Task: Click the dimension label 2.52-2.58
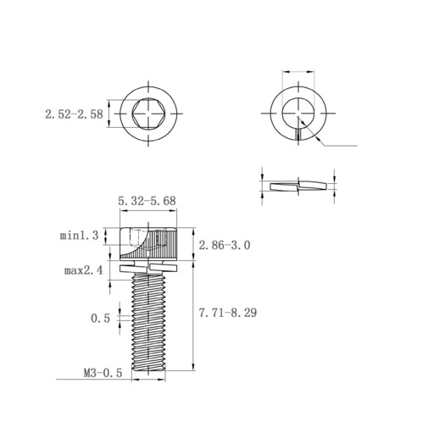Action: tap(74, 114)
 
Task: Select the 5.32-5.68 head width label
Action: tap(147, 201)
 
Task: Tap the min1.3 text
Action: tap(79, 236)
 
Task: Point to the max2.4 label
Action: tap(84, 270)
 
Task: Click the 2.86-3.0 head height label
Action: tap(225, 245)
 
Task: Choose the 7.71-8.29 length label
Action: tap(228, 313)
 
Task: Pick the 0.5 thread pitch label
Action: tap(100, 319)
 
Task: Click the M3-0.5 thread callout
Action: tap(103, 373)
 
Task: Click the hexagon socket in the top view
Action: tap(148, 114)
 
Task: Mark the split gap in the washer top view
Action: tap(298, 134)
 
